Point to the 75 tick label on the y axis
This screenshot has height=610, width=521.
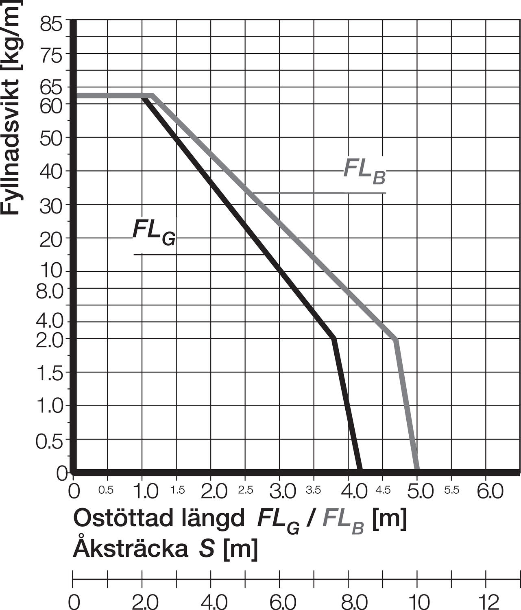point(51,55)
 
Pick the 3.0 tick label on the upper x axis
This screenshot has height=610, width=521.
point(283,492)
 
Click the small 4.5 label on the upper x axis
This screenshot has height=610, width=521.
point(383,490)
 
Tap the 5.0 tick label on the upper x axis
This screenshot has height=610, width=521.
point(420,492)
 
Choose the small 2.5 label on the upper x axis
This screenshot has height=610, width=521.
point(246,490)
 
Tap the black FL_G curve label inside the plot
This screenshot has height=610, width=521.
point(154,232)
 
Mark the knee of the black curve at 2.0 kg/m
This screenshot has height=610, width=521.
point(334,338)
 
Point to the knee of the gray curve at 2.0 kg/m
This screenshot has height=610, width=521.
point(396,338)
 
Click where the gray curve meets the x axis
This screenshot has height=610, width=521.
point(417,472)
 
